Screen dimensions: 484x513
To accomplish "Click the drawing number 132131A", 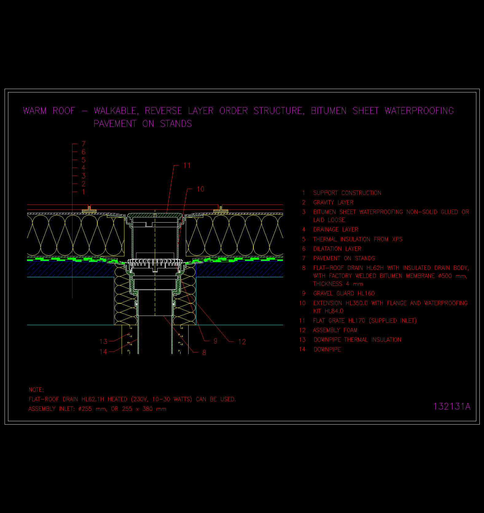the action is [452, 406].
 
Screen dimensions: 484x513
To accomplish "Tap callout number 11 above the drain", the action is [187, 166].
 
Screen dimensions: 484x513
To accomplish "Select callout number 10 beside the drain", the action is [200, 189].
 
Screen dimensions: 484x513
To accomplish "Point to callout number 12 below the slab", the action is [242, 342].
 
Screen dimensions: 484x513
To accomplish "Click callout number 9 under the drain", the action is [215, 341].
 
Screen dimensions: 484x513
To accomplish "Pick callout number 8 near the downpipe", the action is [204, 352].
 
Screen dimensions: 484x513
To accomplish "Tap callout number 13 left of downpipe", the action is [103, 341].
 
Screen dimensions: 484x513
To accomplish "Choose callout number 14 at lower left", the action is [103, 352].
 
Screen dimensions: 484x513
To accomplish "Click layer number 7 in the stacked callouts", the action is [84, 144].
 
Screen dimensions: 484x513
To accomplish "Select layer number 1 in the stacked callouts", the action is [84, 192].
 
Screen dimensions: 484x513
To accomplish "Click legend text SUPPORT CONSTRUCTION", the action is [347, 193].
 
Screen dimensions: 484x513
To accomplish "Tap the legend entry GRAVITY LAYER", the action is [333, 202].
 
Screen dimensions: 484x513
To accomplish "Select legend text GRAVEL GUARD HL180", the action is [344, 293].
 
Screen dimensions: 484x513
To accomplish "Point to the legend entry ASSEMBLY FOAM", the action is [335, 330].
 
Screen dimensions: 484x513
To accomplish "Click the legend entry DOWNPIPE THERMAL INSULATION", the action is [357, 340].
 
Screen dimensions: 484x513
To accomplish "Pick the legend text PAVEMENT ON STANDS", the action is [344, 258].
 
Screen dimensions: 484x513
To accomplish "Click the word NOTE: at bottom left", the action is [36, 390].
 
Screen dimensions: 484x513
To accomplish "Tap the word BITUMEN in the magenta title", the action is [329, 111].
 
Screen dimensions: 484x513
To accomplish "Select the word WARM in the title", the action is [35, 111].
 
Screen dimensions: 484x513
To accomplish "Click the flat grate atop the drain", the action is [155, 215].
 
